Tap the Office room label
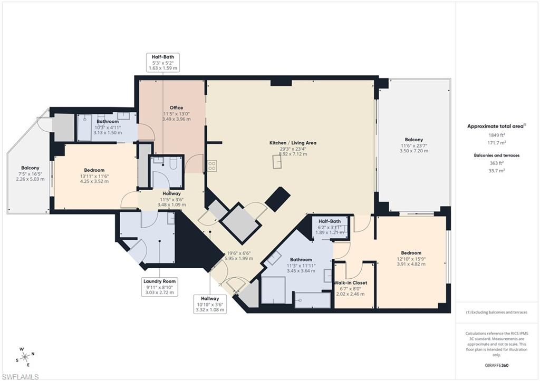click(176, 108)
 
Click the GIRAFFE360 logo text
click(497, 365)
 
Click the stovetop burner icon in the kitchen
click(212, 165)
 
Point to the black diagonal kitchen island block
click(277, 199)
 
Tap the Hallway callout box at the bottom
click(209, 304)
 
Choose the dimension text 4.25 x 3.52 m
click(94, 181)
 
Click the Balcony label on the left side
click(30, 168)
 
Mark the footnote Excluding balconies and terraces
click(496, 312)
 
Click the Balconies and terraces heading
click(496, 155)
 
